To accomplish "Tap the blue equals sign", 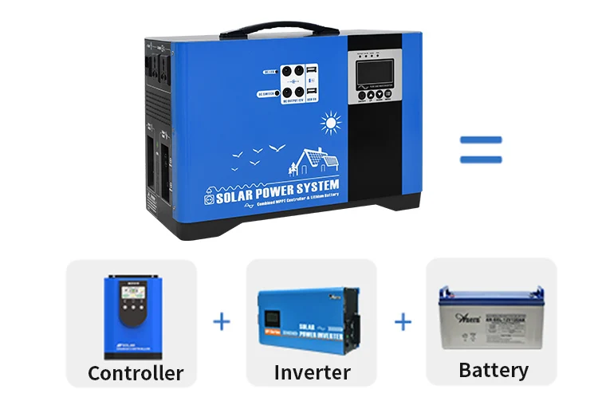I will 481,149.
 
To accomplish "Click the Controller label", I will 136,372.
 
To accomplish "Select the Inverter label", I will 312,372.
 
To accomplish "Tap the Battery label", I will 494,370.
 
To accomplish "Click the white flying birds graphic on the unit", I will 254,155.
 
